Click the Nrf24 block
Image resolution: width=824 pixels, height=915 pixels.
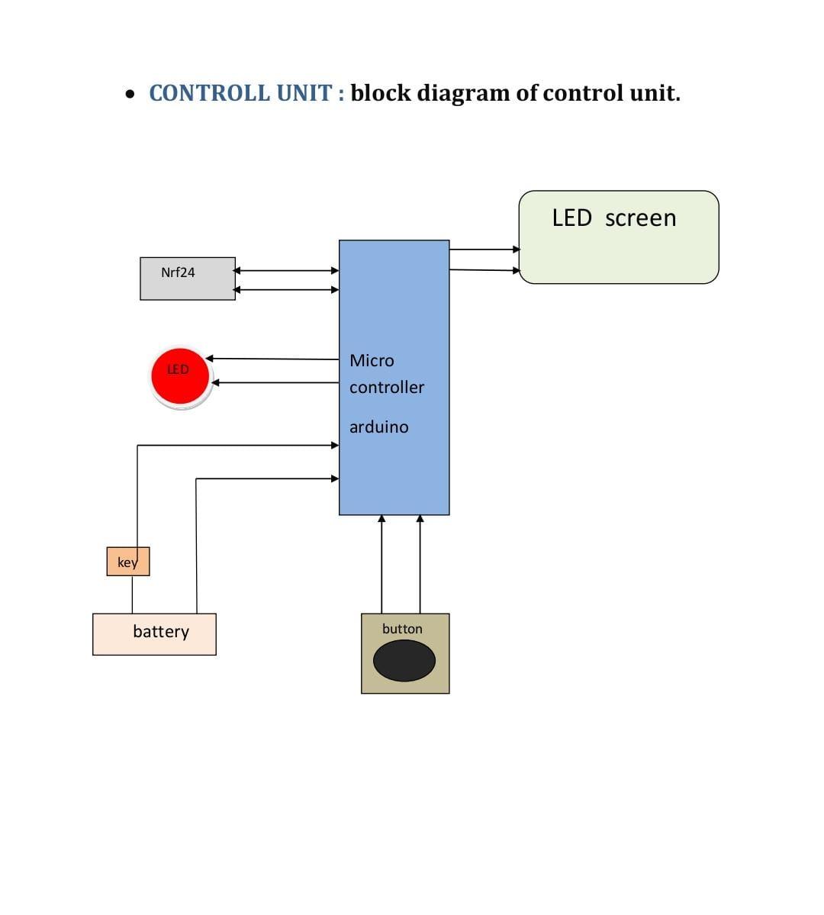188,279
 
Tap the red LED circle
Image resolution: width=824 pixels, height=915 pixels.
180,376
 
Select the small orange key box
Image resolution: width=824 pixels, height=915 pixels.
128,562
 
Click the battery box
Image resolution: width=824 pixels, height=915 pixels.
154,633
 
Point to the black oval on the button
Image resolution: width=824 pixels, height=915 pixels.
404,661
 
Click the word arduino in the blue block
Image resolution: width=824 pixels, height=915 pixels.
379,427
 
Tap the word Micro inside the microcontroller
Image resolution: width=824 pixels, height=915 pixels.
372,361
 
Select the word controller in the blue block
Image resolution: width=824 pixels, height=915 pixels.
387,388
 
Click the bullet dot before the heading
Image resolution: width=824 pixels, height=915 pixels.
131,95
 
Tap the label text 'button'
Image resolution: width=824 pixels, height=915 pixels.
402,629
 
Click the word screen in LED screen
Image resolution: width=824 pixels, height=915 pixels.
640,218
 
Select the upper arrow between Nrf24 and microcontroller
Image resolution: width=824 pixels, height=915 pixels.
286,270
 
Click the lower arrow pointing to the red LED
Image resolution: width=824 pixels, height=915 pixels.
275,382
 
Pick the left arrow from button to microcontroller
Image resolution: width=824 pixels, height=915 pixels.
382,564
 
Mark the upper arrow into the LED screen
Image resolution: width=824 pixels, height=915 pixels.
484,249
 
